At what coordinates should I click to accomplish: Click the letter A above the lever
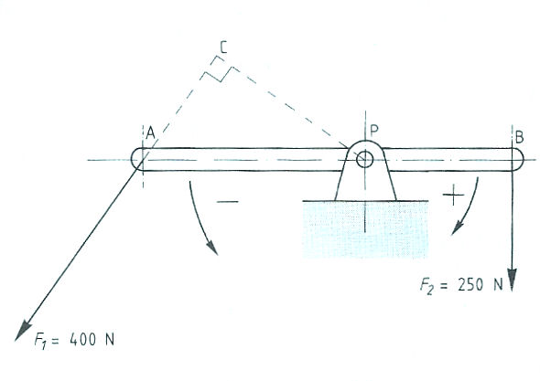pos(150,132)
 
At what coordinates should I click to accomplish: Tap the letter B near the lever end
pos(519,137)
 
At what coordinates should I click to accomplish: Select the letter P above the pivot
pos(374,130)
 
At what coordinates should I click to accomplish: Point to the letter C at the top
pos(223,48)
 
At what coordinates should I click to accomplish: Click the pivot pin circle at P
pos(364,159)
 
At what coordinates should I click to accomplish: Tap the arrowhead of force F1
pos(23,329)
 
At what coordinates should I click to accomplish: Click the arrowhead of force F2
pos(513,280)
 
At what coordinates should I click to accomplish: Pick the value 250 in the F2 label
pos(470,285)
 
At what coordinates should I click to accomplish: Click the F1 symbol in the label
pos(40,341)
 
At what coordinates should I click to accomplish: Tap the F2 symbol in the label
pos(427,286)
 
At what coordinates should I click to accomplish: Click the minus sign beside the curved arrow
pos(227,202)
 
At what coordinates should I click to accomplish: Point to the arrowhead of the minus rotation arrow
pos(212,248)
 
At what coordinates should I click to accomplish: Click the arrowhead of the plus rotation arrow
pos(457,228)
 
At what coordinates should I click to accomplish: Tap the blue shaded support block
pos(365,229)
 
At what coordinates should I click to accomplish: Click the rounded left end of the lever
pos(137,159)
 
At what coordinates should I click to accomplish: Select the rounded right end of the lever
pos(518,159)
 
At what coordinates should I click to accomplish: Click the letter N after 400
pos(110,339)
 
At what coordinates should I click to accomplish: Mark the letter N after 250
pos(498,285)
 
